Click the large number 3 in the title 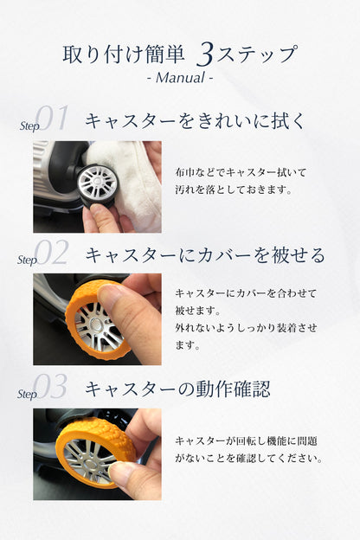click(204, 54)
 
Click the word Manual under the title click(180, 78)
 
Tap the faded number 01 click(53, 118)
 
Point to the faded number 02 click(52, 253)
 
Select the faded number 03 click(51, 387)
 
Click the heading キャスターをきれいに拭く click(195, 121)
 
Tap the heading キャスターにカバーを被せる click(205, 255)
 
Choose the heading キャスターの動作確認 click(177, 389)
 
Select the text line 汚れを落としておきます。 click(234, 189)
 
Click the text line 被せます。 click(197, 311)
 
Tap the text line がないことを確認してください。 click(249, 458)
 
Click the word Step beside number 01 click(29, 126)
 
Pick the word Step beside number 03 click(27, 394)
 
